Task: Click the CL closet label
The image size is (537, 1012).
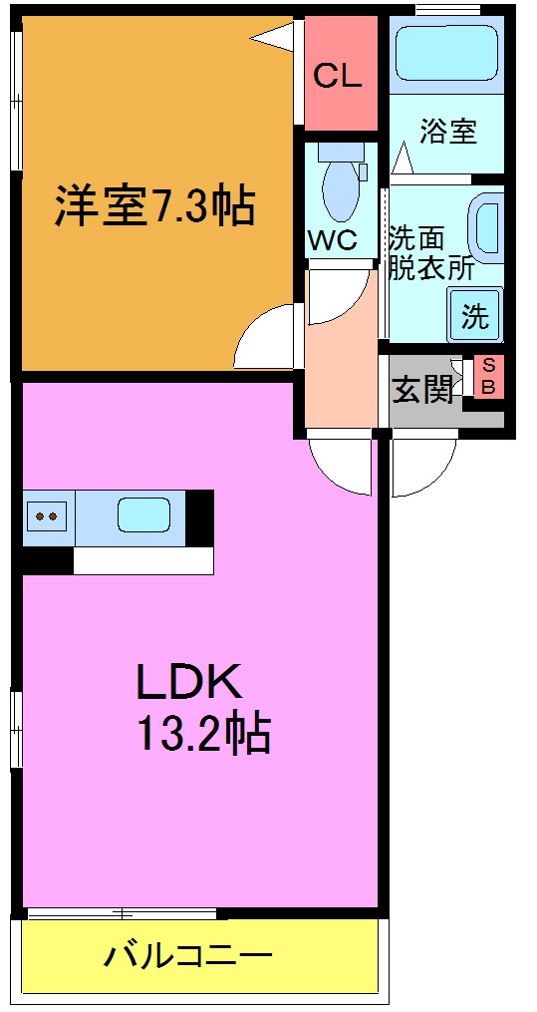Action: click(338, 76)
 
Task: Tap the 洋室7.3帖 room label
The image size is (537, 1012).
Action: click(154, 207)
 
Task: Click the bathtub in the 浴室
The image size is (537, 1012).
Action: click(445, 53)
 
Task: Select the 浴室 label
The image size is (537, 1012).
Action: click(447, 131)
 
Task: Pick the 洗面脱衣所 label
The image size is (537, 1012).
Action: click(430, 253)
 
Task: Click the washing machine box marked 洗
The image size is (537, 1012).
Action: click(475, 316)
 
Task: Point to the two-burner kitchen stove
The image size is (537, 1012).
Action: click(46, 516)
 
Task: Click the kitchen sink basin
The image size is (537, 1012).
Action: click(143, 515)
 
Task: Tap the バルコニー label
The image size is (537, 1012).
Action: click(188, 958)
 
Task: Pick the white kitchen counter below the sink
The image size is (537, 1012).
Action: click(143, 560)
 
